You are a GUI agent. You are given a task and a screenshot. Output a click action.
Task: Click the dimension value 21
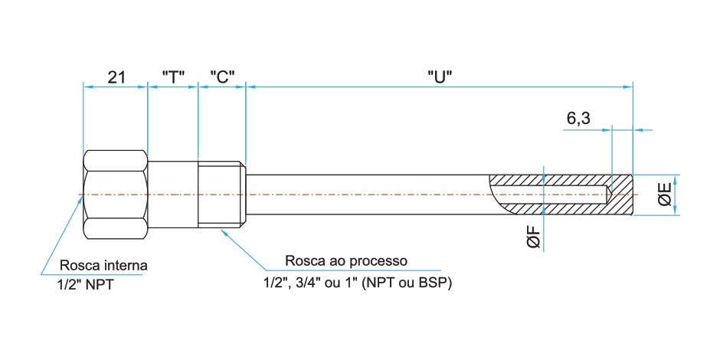116,77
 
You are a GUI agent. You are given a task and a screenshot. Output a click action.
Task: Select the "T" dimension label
174,77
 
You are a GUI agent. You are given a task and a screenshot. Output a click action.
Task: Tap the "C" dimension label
222,77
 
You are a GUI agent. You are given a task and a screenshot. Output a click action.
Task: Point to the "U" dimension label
440,77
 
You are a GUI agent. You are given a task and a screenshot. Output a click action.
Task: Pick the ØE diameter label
665,194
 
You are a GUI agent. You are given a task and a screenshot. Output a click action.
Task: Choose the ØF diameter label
535,237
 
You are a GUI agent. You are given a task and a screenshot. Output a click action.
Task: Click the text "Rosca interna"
103,266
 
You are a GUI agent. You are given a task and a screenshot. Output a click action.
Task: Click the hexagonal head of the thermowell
115,195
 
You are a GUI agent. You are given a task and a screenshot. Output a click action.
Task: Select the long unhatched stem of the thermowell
368,194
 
